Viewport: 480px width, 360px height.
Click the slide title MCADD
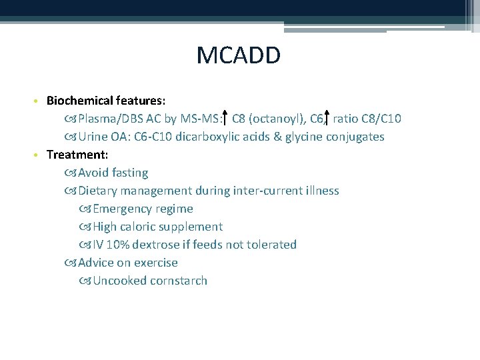pyautogui.click(x=239, y=55)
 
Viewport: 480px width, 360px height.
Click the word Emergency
pyautogui.click(x=125, y=209)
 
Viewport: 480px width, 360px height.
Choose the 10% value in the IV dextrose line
pyautogui.click(x=119, y=245)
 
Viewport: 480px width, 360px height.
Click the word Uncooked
pyautogui.click(x=119, y=281)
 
